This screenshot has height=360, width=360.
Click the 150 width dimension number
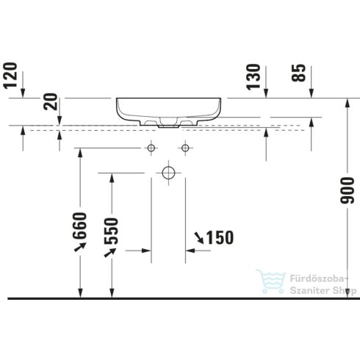[220, 237]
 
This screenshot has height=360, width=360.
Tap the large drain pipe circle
[168, 173]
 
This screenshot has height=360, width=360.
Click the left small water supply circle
[151, 148]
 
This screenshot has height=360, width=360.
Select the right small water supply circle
[185, 148]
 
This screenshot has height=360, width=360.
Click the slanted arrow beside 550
[112, 252]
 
